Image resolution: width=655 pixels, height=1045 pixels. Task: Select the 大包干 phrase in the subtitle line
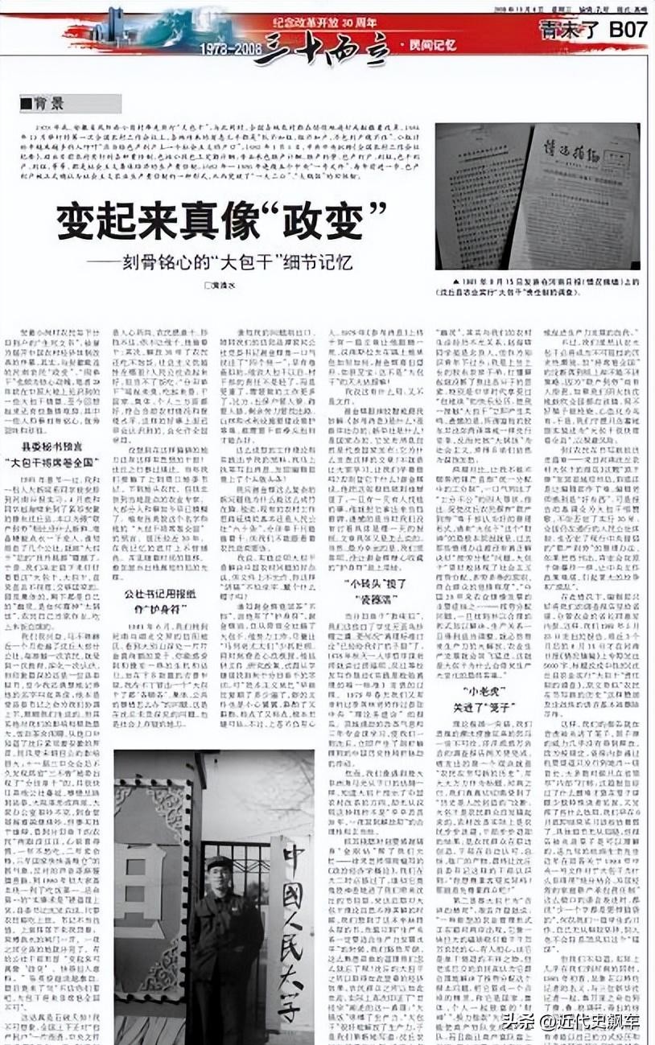coord(261,261)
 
